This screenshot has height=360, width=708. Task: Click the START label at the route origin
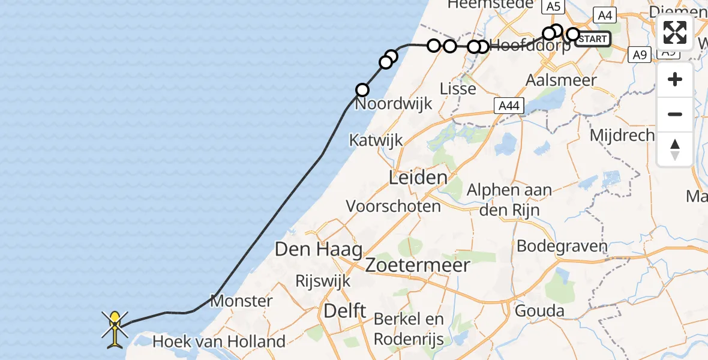coord(593,40)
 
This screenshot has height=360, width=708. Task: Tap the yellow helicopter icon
coord(115,329)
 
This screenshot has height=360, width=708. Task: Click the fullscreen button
coord(675,32)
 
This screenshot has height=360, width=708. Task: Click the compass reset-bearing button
coord(675,149)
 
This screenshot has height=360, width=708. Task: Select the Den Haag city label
coord(318,249)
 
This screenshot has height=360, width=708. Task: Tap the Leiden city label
coord(418,178)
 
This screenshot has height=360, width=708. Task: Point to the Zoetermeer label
coord(417,265)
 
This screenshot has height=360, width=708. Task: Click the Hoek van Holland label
coord(219,342)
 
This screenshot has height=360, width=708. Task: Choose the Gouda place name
coord(541,311)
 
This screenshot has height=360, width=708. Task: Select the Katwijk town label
coord(377,140)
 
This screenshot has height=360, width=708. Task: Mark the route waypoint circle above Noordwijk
coord(362,90)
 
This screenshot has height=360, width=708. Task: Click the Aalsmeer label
coord(561,80)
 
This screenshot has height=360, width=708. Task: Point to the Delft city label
coord(344,311)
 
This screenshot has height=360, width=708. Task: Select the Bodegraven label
coord(562,246)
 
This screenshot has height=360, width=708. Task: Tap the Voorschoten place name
coord(393,206)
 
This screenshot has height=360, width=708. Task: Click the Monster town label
coord(241,301)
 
